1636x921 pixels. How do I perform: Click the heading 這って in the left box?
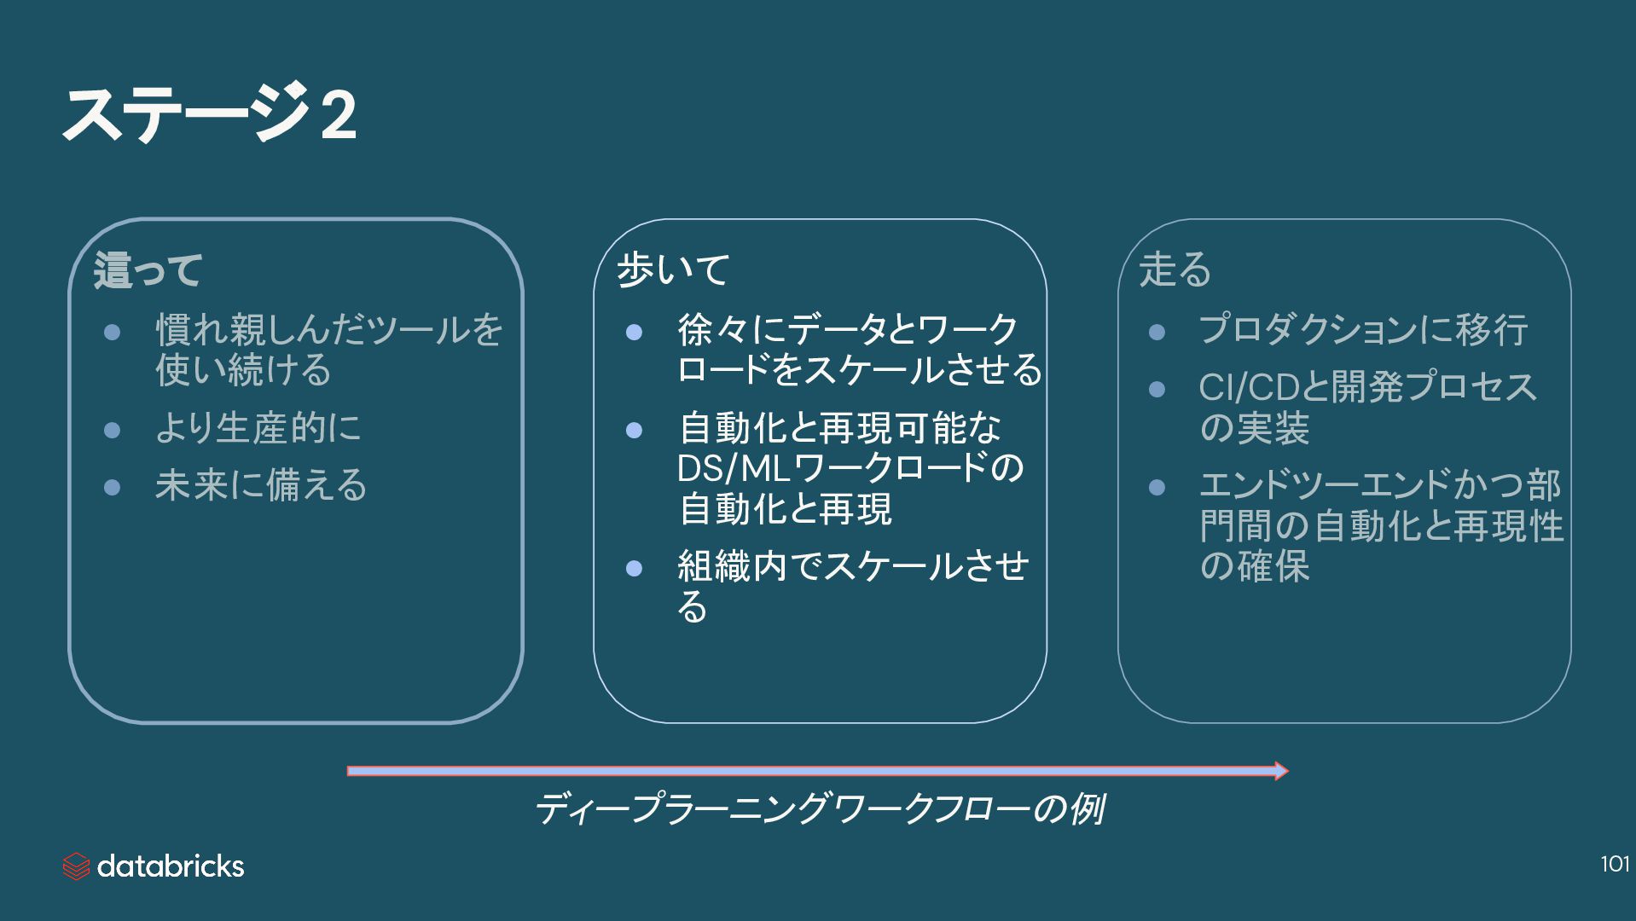pos(148,270)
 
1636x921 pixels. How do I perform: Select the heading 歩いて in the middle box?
pos(673,269)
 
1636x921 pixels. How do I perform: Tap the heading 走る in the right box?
pos(1175,269)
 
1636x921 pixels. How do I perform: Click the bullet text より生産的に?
pos(258,428)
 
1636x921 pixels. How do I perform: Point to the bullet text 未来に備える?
pos(261,486)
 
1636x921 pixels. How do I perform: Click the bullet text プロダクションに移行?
pos(1362,330)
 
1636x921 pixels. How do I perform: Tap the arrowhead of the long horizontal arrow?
pos(1280,771)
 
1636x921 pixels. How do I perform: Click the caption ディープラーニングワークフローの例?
pos(819,809)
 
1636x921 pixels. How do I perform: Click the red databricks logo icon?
pos(76,866)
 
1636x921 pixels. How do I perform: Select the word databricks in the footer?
pos(171,866)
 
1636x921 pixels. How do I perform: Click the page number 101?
pos(1615,865)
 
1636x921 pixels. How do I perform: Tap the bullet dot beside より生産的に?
pos(112,429)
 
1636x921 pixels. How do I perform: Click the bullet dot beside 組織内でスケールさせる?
pos(634,568)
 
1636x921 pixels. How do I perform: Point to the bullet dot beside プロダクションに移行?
pos(1157,332)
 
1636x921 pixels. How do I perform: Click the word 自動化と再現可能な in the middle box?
pos(839,428)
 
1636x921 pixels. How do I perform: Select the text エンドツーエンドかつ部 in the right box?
pos(1379,486)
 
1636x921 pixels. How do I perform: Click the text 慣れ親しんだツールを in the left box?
pos(329,330)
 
